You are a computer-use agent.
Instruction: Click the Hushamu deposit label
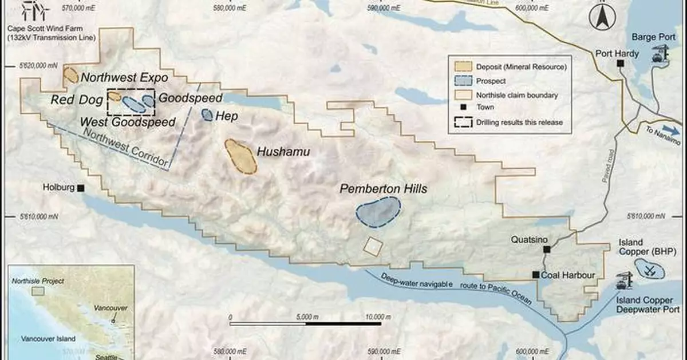283,152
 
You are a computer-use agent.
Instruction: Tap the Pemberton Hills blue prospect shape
378,211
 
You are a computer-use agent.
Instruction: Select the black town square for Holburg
81,188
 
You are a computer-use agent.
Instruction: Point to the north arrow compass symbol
601,19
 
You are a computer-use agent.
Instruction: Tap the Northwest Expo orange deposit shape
71,75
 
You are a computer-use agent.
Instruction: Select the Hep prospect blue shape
207,114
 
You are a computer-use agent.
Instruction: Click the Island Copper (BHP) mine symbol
650,268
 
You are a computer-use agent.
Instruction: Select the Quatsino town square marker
547,249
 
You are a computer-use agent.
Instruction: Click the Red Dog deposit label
76,100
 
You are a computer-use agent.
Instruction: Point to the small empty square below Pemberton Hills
373,247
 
